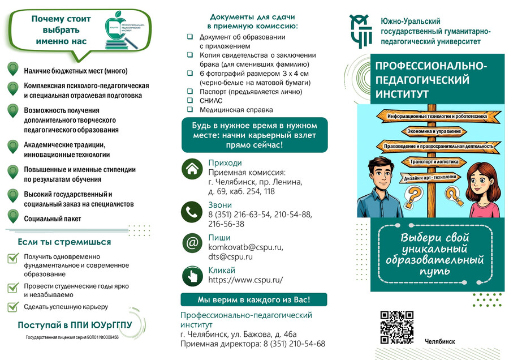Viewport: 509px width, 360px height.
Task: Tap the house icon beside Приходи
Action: (192, 168)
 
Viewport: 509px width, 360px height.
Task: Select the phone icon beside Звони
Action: (192, 211)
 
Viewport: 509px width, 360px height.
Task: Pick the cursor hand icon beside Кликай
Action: (192, 276)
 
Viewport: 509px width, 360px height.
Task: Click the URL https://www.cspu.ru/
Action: (245, 280)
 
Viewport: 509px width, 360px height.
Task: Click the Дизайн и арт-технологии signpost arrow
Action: (430, 177)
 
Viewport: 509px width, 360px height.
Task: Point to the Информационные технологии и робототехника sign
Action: (437, 116)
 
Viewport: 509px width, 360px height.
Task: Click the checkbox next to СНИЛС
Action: (190, 100)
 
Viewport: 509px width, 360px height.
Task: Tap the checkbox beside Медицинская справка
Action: (190, 110)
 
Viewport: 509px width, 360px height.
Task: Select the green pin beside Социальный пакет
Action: (12, 216)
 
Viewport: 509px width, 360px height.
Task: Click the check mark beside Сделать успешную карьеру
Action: (13, 307)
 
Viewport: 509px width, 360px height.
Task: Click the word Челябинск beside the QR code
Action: (439, 341)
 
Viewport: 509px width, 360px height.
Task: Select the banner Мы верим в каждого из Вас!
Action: (253, 299)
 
